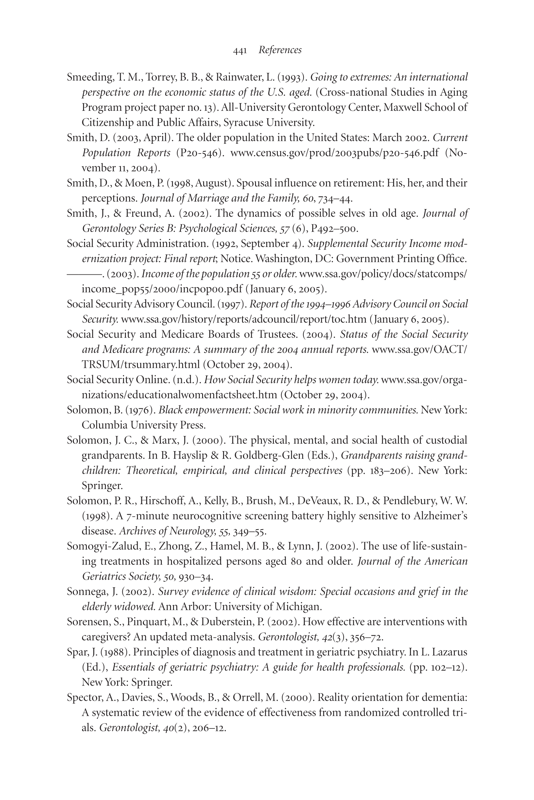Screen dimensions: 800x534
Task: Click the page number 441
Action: [240, 51]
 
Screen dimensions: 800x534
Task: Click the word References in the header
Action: [280, 50]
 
